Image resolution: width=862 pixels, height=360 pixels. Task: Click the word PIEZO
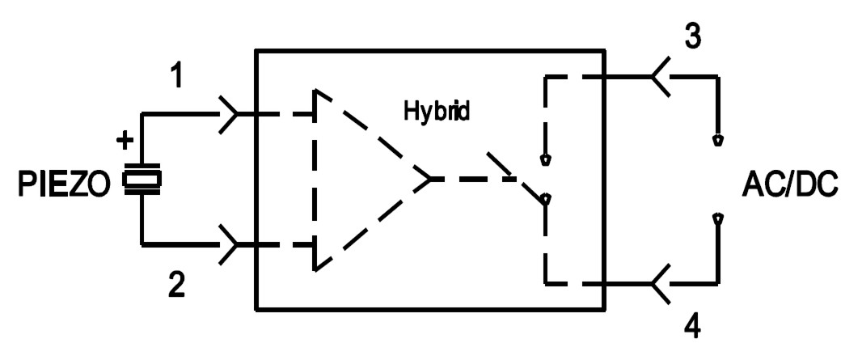[x=65, y=184]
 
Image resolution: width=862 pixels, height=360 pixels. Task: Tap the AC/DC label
[x=790, y=184]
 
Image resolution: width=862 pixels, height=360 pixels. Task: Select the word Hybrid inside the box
[x=437, y=111]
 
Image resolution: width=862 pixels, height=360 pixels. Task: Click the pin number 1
[x=176, y=75]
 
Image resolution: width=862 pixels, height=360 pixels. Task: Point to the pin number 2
[x=176, y=285]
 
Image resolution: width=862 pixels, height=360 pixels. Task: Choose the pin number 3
[x=692, y=36]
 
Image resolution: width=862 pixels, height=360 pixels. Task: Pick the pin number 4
[x=693, y=327]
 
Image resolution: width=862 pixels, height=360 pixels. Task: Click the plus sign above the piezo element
[x=125, y=141]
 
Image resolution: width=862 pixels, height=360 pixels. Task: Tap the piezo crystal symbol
[x=142, y=179]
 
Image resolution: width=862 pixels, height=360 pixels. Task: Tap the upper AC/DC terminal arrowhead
[x=717, y=140]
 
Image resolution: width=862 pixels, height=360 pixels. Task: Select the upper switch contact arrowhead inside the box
[x=545, y=160]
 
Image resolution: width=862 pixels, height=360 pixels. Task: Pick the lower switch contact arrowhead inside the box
[x=545, y=200]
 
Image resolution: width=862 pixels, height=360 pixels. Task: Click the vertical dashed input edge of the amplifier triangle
[x=315, y=180]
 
